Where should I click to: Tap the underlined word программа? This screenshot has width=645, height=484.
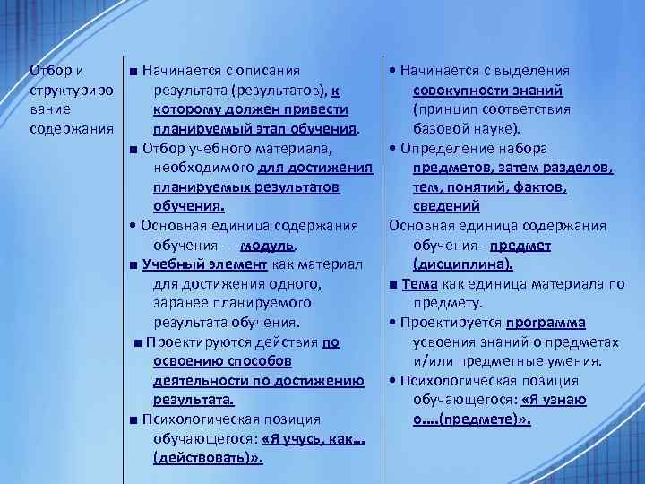pos(546,323)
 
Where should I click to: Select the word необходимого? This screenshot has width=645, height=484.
pos(203,168)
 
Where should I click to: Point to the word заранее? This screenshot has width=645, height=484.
pos(182,303)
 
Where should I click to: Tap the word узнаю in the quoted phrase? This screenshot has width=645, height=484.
pos(563,400)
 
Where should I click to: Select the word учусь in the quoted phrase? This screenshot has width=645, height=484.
pos(284,438)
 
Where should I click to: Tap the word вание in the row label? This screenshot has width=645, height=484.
pos(48,109)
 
